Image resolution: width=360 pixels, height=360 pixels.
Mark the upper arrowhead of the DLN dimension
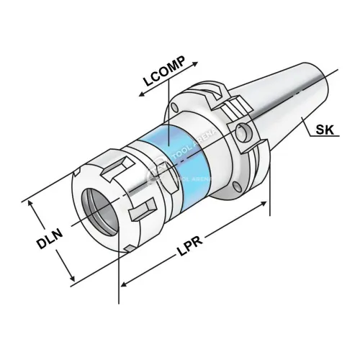click(32, 202)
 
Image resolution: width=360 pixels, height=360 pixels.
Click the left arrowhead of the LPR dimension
click(123, 282)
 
